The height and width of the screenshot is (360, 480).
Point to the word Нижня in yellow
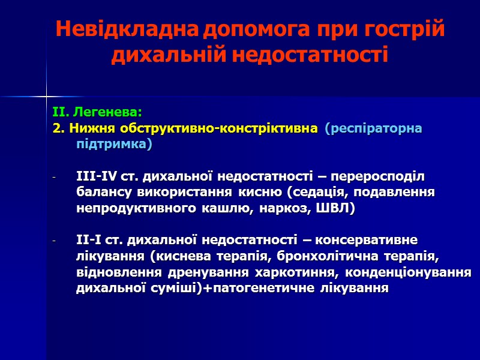pos(94,128)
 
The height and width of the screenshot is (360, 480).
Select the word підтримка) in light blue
pos(115,145)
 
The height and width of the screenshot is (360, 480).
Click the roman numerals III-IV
pos(100,176)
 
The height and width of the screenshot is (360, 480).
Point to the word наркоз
pos(287,208)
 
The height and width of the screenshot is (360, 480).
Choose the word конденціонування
pos(409,272)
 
